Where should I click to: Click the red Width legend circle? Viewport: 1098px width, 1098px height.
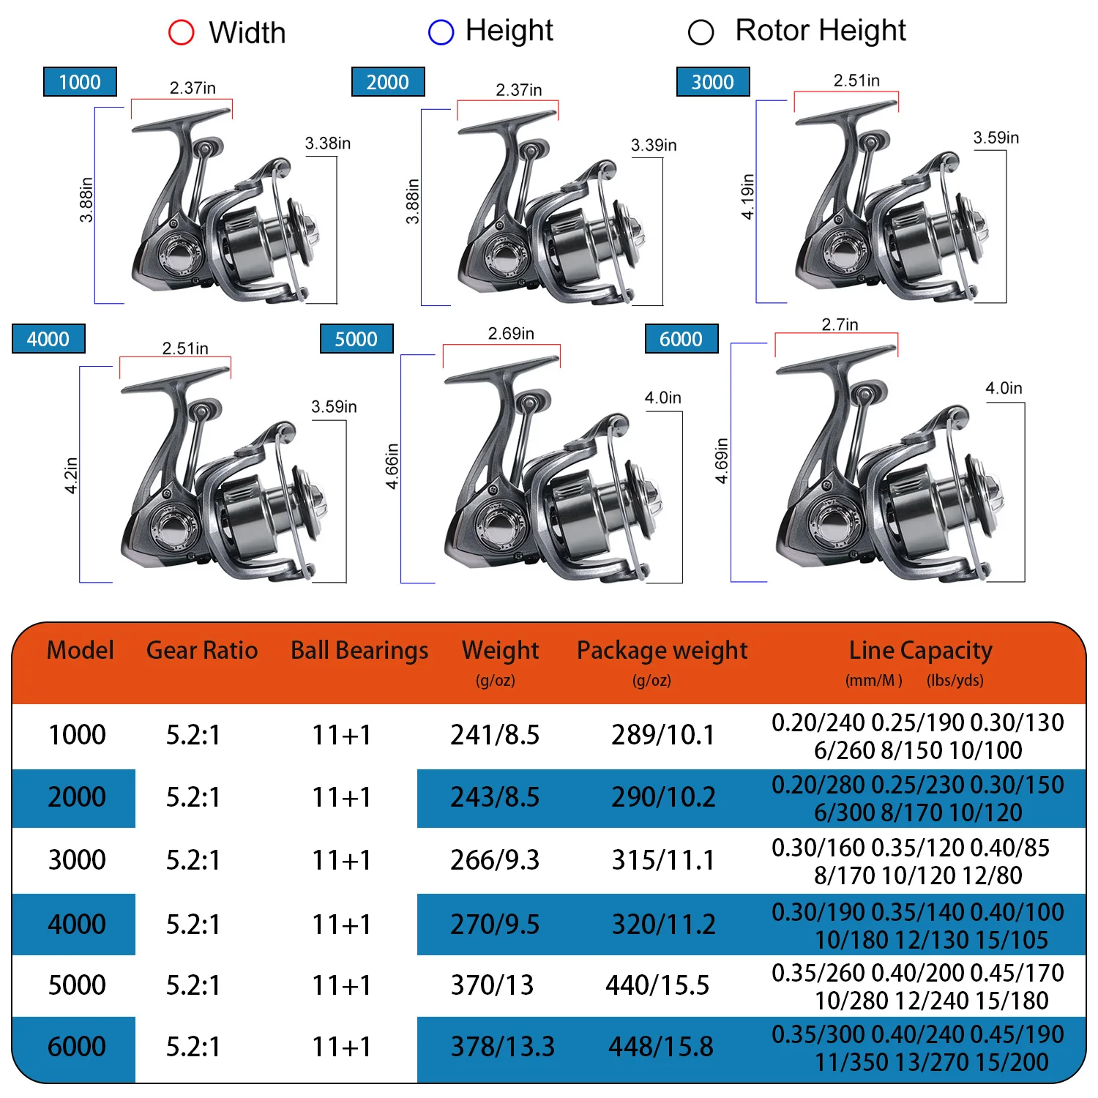coord(182,32)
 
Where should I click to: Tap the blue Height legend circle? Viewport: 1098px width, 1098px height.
coord(441,31)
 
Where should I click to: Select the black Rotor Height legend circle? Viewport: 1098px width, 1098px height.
coord(701,31)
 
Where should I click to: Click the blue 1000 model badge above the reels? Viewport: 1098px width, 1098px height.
coord(80,82)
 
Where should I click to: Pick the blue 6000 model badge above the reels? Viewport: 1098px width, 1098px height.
coord(681,339)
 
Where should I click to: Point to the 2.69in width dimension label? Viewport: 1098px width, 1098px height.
coord(511,333)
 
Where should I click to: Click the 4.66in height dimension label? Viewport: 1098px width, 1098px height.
coord(392,466)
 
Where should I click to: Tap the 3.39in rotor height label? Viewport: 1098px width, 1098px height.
coord(654,145)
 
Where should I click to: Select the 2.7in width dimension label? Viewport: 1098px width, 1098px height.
coord(840,324)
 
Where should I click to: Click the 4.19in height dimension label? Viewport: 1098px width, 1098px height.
coord(747,196)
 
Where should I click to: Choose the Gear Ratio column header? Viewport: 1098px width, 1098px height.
coord(202,650)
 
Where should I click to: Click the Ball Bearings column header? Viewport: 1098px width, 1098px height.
coord(359,651)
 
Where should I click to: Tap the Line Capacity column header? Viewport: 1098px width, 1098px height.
coord(921,651)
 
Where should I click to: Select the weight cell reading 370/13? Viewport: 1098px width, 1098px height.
coord(492,985)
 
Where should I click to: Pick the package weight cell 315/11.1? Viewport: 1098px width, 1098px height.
coord(663,860)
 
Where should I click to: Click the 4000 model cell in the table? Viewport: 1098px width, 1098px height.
coord(77,924)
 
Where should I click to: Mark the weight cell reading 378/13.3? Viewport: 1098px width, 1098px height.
coord(502,1047)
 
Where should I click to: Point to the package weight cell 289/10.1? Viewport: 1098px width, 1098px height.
coord(663,735)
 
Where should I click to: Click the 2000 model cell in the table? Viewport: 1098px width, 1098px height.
coord(77,797)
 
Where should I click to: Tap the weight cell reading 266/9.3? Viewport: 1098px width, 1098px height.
coord(495,860)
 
